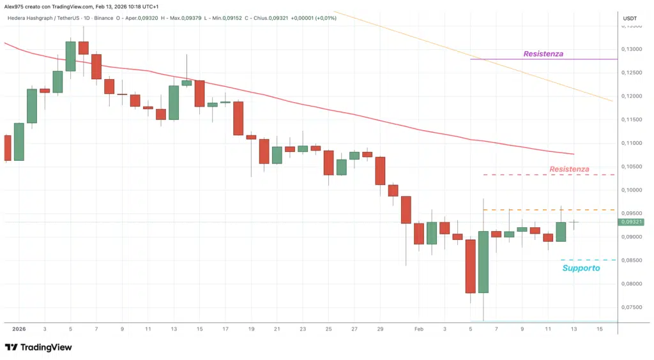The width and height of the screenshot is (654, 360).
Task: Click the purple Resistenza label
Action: pyautogui.click(x=543, y=54)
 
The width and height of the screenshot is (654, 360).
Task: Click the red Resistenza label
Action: pyautogui.click(x=569, y=169)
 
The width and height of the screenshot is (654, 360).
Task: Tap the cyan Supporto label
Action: pyautogui.click(x=581, y=268)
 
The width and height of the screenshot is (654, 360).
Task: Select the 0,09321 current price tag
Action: pyautogui.click(x=631, y=222)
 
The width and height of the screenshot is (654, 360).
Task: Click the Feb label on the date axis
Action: pyautogui.click(x=419, y=329)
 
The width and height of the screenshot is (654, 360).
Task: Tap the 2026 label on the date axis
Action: pyautogui.click(x=19, y=329)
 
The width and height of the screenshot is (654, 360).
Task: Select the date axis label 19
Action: pyautogui.click(x=252, y=329)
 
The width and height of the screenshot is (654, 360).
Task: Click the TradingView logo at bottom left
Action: pyautogui.click(x=38, y=347)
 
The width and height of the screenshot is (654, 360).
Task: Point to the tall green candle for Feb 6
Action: pyautogui.click(x=483, y=262)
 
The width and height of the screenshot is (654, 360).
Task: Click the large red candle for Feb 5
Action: pyautogui.click(x=471, y=266)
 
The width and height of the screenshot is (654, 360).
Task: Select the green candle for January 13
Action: pyautogui.click(x=174, y=102)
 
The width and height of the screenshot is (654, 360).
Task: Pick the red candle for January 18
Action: pyautogui.click(x=238, y=118)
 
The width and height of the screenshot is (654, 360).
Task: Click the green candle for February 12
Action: pyautogui.click(x=561, y=231)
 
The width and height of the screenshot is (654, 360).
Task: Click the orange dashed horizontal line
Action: pyautogui.click(x=549, y=210)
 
